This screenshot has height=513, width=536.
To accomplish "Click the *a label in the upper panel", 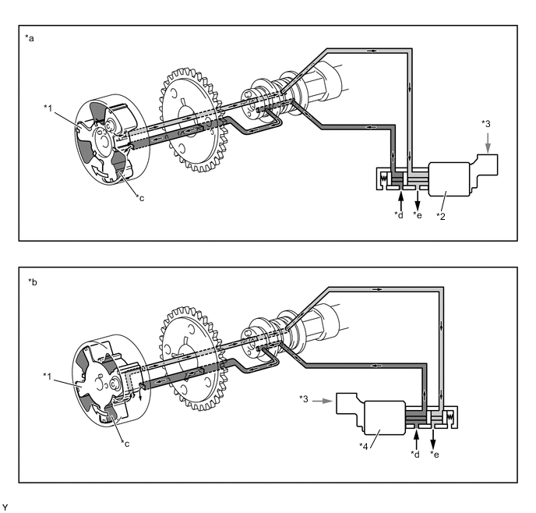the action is click(x=30, y=38).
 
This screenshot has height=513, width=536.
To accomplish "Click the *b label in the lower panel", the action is click(x=33, y=282).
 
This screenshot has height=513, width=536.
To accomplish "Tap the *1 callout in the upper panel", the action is click(x=48, y=108).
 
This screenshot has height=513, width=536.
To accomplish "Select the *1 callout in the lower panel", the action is click(x=48, y=377).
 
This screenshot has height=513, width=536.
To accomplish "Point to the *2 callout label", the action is click(x=441, y=216).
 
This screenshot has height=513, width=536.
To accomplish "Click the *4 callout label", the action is click(x=364, y=446).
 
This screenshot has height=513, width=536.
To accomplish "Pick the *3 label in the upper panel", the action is click(x=486, y=123).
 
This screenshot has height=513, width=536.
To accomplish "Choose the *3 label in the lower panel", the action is click(x=304, y=398).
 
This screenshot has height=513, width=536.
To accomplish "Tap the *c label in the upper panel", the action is click(x=140, y=198).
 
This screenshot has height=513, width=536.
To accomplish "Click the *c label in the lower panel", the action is click(x=125, y=444).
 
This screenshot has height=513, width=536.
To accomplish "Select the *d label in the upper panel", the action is click(x=399, y=214).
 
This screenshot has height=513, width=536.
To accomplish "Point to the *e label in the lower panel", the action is click(x=435, y=455).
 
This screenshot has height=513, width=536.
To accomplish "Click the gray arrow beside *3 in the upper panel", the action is click(x=488, y=143).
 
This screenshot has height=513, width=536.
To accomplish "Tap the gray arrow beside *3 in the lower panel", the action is click(x=323, y=401).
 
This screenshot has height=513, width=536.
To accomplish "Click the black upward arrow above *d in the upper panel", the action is click(x=400, y=200).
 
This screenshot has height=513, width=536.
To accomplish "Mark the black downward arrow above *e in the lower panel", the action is click(x=433, y=439).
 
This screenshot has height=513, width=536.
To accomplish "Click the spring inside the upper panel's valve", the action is click(x=383, y=179).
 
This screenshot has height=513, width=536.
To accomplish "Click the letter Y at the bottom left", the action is click(x=5, y=508).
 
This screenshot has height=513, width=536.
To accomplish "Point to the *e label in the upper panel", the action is click(x=418, y=214).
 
